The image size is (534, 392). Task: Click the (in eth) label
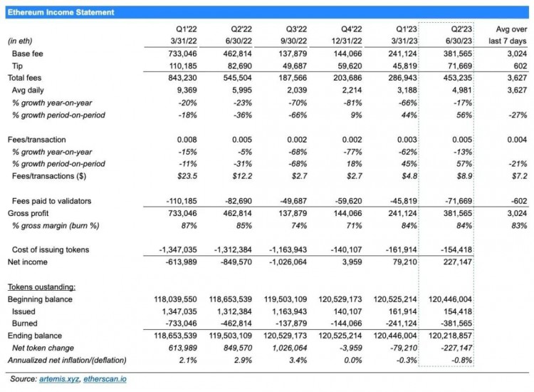click(22, 41)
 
